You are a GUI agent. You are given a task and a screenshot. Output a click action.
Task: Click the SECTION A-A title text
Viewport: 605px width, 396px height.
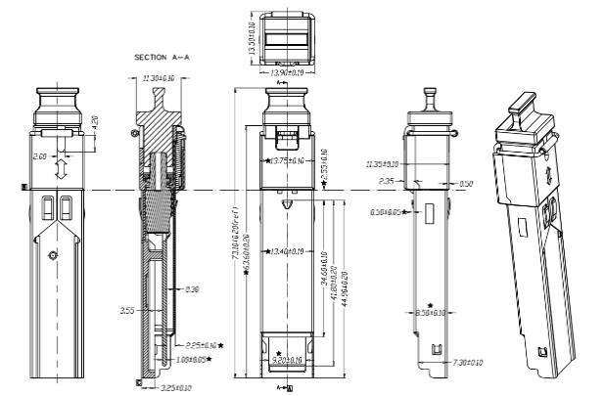coord(162,59)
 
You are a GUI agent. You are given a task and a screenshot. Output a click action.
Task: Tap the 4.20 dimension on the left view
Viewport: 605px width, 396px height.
coord(94,124)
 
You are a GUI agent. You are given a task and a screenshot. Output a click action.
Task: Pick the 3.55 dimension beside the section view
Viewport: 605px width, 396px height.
coord(126,311)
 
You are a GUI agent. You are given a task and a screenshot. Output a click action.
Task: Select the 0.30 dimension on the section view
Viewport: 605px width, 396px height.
coord(192,289)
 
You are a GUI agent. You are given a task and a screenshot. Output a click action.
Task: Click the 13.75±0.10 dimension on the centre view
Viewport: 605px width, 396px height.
coord(286,159)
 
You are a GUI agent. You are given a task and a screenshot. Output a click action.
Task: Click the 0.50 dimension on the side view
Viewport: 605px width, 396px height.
coord(466,184)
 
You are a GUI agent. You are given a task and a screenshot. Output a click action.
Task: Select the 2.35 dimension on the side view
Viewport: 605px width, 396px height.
coord(386,181)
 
